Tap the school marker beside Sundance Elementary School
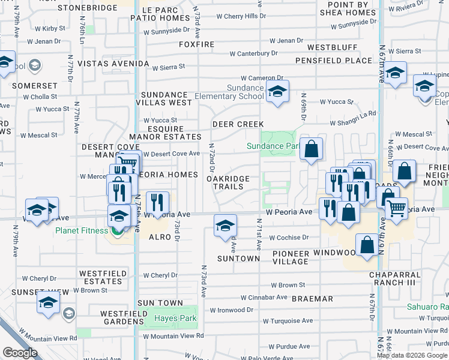coord(277,92)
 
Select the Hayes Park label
coord(175,318)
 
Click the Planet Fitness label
coord(82,230)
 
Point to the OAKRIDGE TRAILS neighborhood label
coord(226,183)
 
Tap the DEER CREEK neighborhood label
coord(238,124)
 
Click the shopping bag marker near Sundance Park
coord(311,149)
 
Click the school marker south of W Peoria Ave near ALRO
coord(225,226)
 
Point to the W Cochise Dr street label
coord(289,238)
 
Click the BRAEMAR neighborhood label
coord(312,298)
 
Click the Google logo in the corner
coord(20,353)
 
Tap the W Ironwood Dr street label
coord(232,310)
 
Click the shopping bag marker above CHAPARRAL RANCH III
coord(367,245)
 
